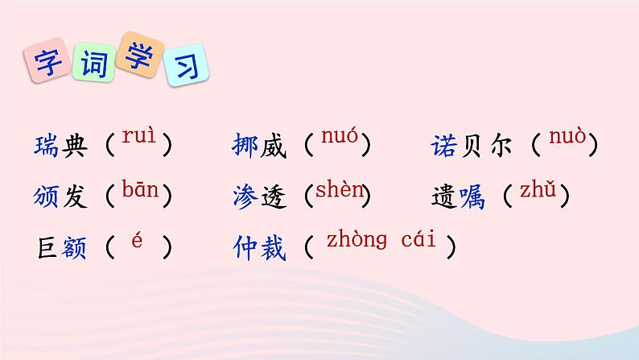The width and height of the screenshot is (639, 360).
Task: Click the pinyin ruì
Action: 138,138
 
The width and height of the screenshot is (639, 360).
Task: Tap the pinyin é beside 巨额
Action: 137,242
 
